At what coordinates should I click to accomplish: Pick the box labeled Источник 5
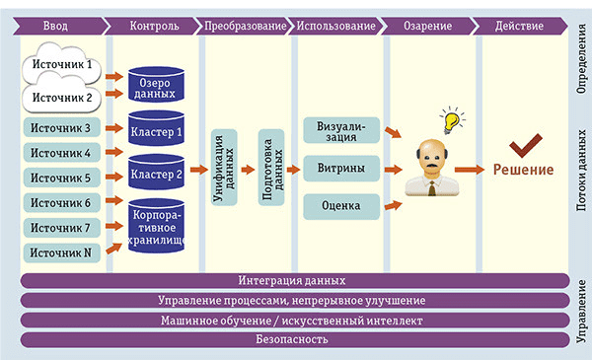tap(60, 179)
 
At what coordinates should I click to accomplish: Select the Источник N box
tap(60, 253)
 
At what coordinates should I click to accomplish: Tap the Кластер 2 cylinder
tap(157, 175)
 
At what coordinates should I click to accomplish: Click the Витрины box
tap(341, 169)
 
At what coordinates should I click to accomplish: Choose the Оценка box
tap(341, 206)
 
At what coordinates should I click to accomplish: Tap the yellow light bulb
tap(452, 120)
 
